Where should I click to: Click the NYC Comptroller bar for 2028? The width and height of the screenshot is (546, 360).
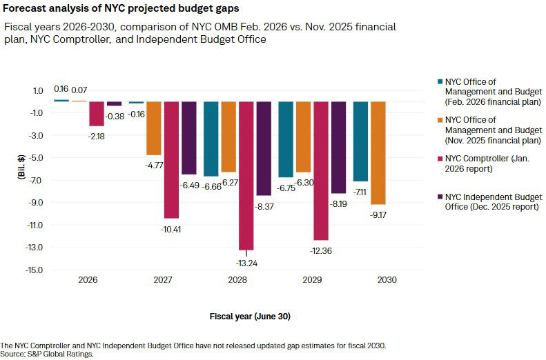[x=246, y=176]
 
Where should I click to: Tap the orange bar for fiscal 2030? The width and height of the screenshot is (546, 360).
[x=378, y=153]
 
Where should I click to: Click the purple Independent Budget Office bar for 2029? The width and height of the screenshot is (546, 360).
[x=338, y=148]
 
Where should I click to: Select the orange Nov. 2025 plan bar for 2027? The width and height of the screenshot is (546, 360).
[x=153, y=128]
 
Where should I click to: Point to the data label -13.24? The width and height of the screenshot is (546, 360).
[x=246, y=262]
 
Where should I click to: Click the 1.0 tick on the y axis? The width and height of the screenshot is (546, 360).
[x=37, y=90]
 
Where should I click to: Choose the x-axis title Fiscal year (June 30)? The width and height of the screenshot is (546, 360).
[x=251, y=317]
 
